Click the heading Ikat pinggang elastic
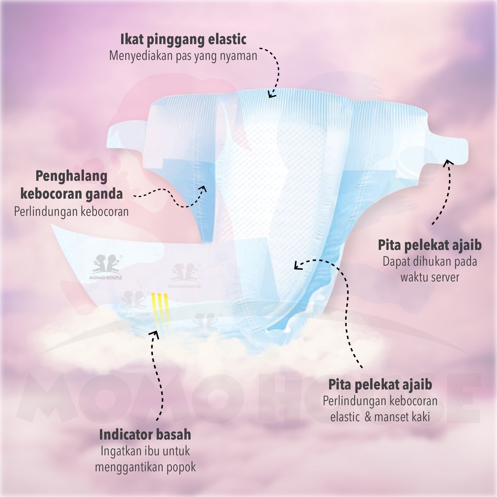point(183,39)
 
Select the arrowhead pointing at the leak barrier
point(202,188)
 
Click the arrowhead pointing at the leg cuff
point(298,265)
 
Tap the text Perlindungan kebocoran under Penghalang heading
point(71,212)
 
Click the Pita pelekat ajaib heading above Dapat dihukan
point(430,245)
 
